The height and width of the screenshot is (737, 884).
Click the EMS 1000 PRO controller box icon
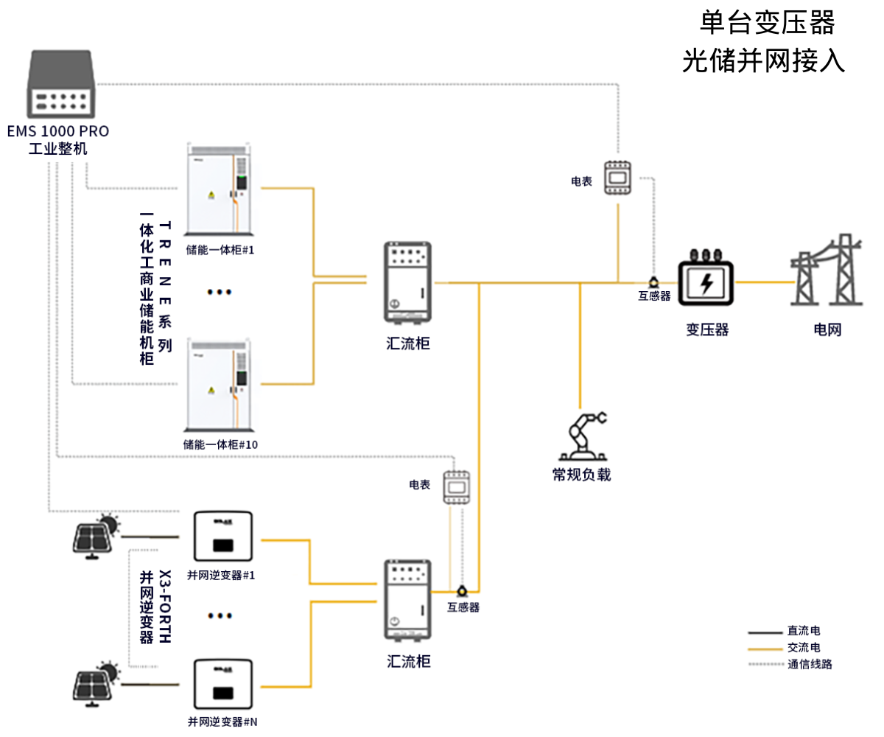61,84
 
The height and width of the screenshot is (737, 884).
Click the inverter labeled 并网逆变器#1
222,539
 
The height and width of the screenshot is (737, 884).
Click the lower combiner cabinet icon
407,600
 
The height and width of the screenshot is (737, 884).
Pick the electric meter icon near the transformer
617,178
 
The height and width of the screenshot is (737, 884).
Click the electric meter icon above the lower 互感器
455,487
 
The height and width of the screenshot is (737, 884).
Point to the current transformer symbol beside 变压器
653,281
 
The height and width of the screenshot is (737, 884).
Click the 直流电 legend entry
803,632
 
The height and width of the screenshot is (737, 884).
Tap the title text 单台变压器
767,23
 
